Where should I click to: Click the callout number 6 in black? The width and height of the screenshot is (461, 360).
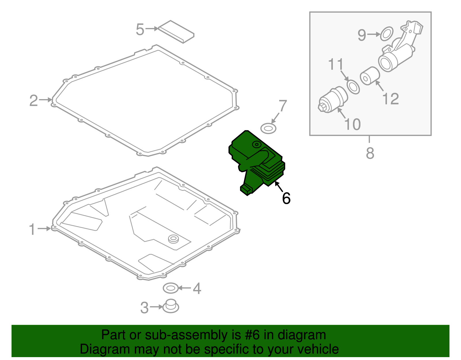(x=286, y=198)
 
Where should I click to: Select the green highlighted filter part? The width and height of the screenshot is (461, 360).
(x=256, y=161)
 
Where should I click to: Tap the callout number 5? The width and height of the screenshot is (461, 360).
(x=140, y=29)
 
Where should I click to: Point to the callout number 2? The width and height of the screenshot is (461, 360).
(x=34, y=101)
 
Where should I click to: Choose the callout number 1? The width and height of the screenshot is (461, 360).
(x=32, y=229)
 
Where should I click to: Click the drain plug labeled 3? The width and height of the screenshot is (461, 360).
(x=171, y=306)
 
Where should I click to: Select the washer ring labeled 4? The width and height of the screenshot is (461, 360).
(x=170, y=288)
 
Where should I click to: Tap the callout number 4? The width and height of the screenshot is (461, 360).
(x=197, y=288)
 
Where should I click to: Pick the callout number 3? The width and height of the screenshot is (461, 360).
(x=144, y=308)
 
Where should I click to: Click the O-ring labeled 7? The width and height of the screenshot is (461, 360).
(x=268, y=129)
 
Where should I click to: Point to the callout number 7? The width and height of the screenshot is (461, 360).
(x=283, y=106)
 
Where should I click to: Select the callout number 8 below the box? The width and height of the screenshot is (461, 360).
(x=370, y=153)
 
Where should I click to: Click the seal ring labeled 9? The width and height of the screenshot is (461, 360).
(x=387, y=34)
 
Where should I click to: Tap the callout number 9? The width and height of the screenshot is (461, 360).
(x=362, y=35)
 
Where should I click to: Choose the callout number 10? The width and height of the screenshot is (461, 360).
(x=352, y=124)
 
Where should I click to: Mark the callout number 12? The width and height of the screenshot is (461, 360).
(x=390, y=99)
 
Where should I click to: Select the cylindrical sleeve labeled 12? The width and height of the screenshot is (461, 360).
(x=370, y=76)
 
